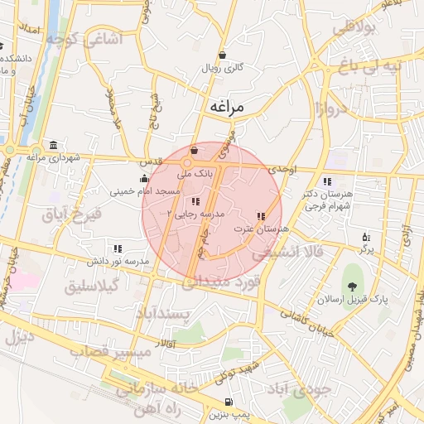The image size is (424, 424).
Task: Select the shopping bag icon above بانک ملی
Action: tap(194, 151)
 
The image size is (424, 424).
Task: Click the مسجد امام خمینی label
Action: tap(146, 191)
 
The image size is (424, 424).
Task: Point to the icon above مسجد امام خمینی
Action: tap(144, 178)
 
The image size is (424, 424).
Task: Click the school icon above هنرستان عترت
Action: tap(262, 216)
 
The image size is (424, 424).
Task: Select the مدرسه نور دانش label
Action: tap(118, 261)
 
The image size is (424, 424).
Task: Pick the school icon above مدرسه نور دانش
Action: tap(118, 248)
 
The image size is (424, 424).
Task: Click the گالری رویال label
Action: tap(223, 69)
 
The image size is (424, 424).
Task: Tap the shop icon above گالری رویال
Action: tap(223, 55)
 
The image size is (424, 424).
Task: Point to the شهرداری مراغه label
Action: tap(52, 157)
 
